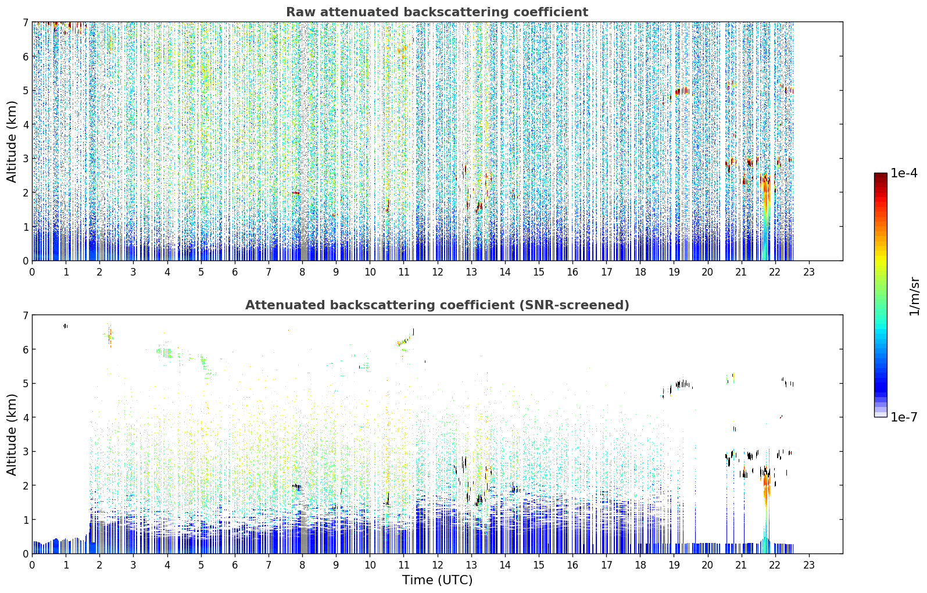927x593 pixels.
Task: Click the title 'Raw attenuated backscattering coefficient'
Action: (x=437, y=12)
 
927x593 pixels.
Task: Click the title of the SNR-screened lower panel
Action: (x=437, y=305)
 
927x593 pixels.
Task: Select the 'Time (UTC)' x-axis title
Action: (x=437, y=580)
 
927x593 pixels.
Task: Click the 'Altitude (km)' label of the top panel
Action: (x=12, y=141)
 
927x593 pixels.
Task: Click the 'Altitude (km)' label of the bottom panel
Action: (x=12, y=434)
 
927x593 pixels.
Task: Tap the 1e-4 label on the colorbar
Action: (x=903, y=173)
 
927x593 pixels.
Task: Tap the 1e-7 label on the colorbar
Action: (x=903, y=417)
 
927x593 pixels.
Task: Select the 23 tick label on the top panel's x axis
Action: (x=808, y=272)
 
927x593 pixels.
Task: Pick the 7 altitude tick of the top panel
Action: (x=26, y=22)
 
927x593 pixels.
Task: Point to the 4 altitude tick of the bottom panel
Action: (x=26, y=417)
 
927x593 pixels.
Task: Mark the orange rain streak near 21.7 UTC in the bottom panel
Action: (x=767, y=491)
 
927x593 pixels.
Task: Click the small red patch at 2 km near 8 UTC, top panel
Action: (x=295, y=192)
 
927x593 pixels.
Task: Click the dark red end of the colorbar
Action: (x=881, y=176)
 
